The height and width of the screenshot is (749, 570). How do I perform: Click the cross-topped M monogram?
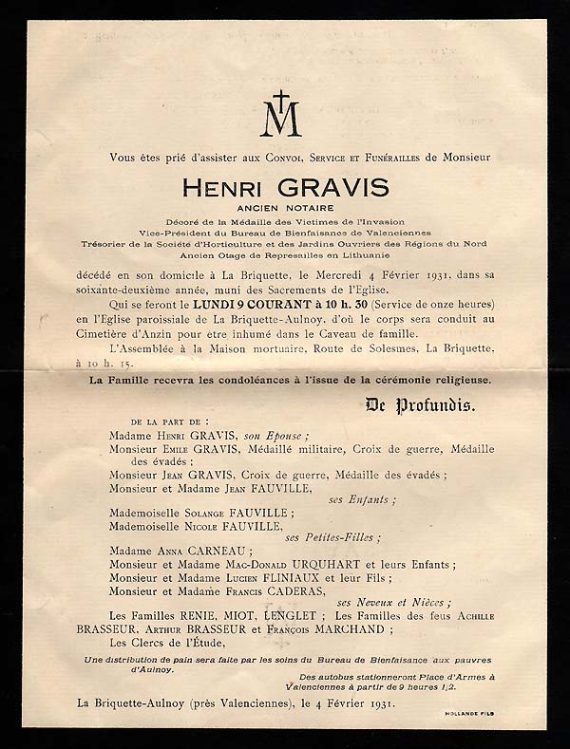(x=284, y=115)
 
